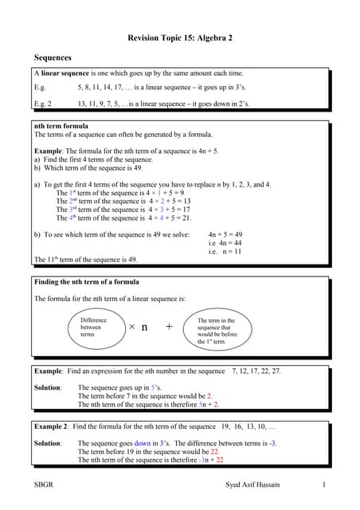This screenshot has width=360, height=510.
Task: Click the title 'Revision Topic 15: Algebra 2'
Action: tap(179, 37)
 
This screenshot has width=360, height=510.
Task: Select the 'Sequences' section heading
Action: tap(53, 58)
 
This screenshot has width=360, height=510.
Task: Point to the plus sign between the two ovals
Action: tap(169, 327)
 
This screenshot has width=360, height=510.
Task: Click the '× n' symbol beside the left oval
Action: tap(139, 327)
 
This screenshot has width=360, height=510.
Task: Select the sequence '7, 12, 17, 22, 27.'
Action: tap(256, 371)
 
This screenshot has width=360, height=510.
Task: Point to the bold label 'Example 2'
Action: tap(51, 427)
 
